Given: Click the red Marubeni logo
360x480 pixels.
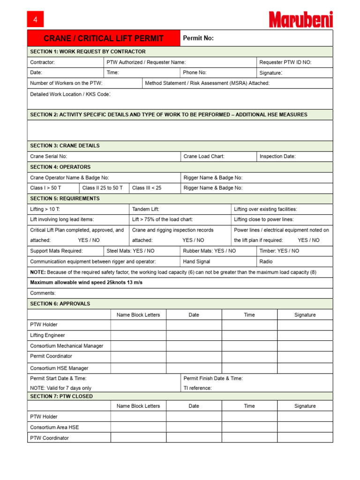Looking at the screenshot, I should click(300, 19).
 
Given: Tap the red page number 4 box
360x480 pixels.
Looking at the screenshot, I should click(35, 19).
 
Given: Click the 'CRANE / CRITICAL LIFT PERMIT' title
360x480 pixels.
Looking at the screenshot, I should click(104, 38).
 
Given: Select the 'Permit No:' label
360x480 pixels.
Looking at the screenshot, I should click(198, 38).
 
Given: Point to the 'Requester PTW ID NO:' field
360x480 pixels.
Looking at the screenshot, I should click(285, 62).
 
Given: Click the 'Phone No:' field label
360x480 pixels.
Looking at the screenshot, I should click(195, 73).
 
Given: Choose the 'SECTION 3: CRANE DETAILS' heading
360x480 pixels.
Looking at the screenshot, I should click(65, 146).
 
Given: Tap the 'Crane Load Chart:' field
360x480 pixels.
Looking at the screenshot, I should click(203, 157).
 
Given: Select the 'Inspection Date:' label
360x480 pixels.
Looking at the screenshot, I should click(277, 157).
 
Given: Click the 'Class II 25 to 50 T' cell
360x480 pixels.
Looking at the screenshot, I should click(103, 188).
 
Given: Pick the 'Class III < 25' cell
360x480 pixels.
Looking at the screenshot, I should click(147, 188).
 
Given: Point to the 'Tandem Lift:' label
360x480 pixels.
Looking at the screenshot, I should click(146, 209).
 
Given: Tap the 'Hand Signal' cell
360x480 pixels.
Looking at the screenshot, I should click(196, 262).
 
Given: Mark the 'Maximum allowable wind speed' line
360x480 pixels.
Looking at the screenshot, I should click(86, 283).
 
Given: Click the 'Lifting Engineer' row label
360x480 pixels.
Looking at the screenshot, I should click(47, 335).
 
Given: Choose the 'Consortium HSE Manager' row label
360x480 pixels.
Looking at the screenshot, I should click(59, 368).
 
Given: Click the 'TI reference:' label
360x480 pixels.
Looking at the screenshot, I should click(197, 388).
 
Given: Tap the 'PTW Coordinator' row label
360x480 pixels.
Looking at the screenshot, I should click(49, 438).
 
